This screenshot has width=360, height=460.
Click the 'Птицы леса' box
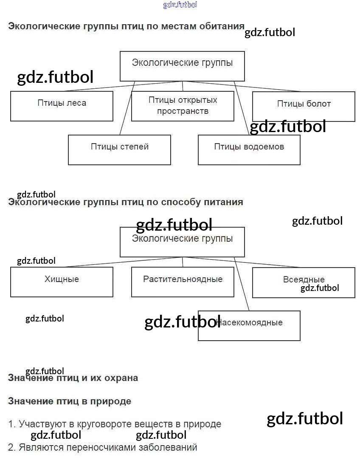point(62,106)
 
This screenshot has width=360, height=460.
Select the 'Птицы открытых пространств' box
point(183,106)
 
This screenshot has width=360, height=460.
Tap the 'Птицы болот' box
point(304,106)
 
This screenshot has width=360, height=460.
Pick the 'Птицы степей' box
point(119,150)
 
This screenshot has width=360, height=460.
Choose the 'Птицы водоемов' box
point(249,150)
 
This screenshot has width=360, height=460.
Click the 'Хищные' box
point(62,282)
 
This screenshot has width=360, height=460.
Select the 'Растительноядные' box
point(183,282)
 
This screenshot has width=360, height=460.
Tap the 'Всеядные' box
point(304,282)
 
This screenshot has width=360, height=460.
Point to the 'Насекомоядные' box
point(249,325)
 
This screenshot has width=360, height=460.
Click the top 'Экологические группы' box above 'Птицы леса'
point(182,66)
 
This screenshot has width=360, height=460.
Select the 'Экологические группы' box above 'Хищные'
point(182,242)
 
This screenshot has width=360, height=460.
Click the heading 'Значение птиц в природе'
point(70,401)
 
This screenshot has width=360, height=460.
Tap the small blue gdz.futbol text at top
point(180,5)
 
